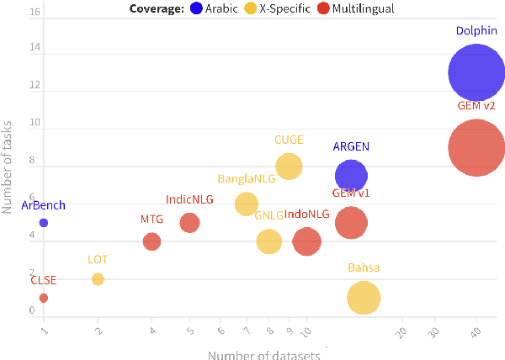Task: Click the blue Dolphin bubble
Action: click(x=476, y=72)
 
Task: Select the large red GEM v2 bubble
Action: click(x=476, y=148)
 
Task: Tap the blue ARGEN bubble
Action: click(x=351, y=176)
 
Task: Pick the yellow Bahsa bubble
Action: click(x=364, y=297)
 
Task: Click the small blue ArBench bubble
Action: click(x=44, y=223)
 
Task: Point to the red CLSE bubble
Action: click(x=44, y=298)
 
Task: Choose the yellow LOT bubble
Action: click(x=98, y=279)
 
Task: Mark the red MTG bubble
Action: click(x=151, y=241)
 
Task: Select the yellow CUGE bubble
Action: click(x=289, y=167)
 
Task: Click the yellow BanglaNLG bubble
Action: click(x=246, y=204)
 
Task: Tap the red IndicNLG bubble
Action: click(x=189, y=223)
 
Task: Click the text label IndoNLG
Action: click(x=307, y=214)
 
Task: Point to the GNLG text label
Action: click(x=268, y=215)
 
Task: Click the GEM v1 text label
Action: click(x=351, y=193)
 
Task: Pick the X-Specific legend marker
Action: click(x=251, y=8)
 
